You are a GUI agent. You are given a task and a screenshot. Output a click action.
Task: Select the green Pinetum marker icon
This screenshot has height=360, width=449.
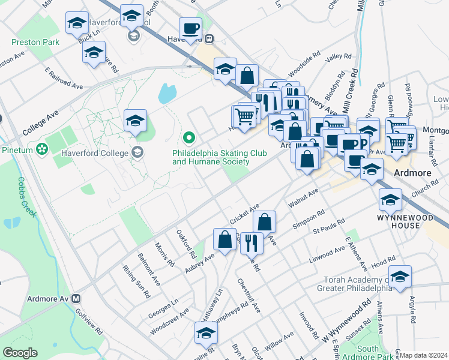click(41, 148)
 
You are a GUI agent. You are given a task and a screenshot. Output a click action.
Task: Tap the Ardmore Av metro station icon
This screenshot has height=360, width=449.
click(76, 298)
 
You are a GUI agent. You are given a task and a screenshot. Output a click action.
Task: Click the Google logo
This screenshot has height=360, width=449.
click(20, 353)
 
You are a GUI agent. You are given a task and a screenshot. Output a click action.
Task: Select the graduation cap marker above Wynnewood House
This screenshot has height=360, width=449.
click(390, 199)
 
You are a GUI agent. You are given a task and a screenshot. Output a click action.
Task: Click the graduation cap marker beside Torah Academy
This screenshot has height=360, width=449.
click(400, 276)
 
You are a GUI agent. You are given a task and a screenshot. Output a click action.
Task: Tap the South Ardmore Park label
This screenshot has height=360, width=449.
click(368, 353)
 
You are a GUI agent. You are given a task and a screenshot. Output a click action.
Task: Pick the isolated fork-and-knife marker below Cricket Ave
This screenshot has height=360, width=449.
click(252, 241)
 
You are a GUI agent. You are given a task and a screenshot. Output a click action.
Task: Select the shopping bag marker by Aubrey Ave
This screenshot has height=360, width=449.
click(224, 239)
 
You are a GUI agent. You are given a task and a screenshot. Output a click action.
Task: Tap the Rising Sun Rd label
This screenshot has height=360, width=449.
click(136, 282)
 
